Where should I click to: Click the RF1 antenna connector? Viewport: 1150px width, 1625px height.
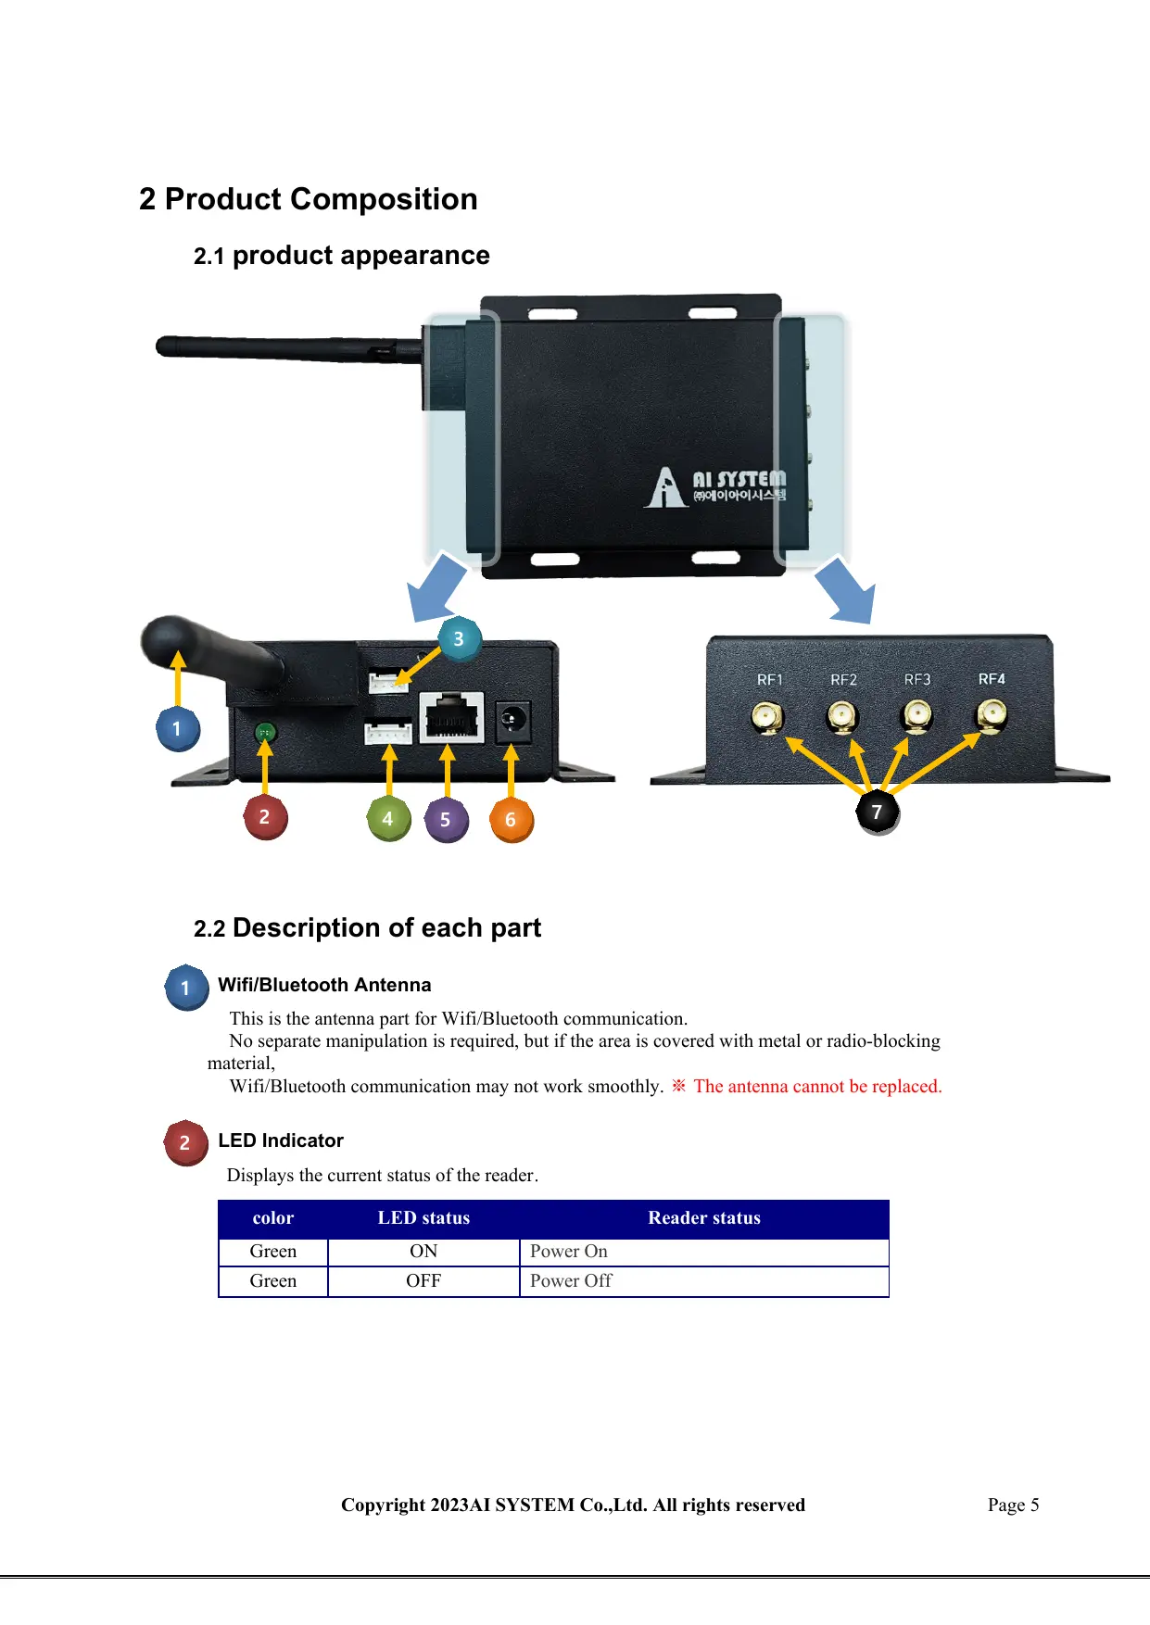point(767,717)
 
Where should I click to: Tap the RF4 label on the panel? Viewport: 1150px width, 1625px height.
point(992,679)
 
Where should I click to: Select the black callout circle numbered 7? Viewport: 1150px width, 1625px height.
point(877,812)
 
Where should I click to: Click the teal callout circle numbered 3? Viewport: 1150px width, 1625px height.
point(459,638)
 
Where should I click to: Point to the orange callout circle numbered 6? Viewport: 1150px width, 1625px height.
point(511,820)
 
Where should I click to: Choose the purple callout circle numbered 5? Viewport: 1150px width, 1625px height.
point(446,820)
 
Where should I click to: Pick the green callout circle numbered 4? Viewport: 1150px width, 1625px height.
point(388,819)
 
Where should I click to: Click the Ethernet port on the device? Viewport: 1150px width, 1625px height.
point(452,717)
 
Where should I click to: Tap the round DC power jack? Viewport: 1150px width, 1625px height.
point(512,720)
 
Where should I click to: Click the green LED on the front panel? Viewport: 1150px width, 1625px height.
point(265,733)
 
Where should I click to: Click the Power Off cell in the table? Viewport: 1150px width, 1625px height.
point(571,1280)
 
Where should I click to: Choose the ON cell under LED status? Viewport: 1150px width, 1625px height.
point(423,1251)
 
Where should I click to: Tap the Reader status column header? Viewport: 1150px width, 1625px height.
point(703,1218)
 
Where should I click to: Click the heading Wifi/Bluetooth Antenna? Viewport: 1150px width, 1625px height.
point(324,985)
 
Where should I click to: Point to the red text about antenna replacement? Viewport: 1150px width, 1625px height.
point(817,1086)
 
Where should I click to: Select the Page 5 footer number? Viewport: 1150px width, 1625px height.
point(1013,1505)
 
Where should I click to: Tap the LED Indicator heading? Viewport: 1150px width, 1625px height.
point(281,1140)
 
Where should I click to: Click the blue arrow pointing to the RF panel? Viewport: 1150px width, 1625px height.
point(845,590)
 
